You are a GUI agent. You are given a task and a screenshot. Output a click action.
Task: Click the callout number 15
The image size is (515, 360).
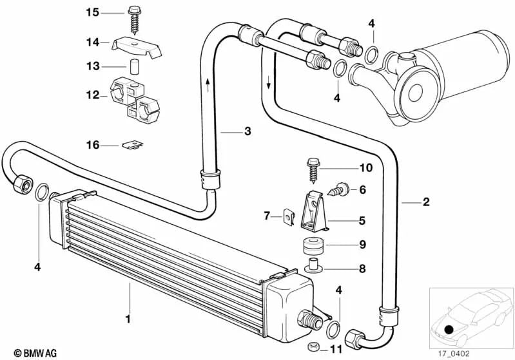click(x=93, y=12)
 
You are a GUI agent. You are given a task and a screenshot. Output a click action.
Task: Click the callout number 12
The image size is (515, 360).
click(x=93, y=95)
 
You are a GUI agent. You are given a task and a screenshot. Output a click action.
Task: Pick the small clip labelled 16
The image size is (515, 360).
click(x=131, y=146)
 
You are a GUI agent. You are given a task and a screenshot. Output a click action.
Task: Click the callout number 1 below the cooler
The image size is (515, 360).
click(x=128, y=318)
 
